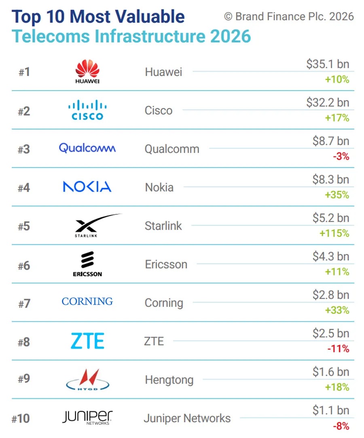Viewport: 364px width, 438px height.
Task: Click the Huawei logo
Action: pyautogui.click(x=87, y=72)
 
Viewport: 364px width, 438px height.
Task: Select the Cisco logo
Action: pyautogui.click(x=87, y=110)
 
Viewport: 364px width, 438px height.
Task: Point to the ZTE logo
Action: pyautogui.click(x=87, y=341)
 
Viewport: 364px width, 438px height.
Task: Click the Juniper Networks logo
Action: pyautogui.click(x=87, y=417)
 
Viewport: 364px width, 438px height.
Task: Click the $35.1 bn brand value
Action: pyautogui.click(x=328, y=64)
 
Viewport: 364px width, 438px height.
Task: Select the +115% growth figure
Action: pyautogui.click(x=334, y=233)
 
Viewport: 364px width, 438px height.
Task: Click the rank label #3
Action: pyautogui.click(x=24, y=149)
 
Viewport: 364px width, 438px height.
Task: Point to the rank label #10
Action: pyautogui.click(x=21, y=418)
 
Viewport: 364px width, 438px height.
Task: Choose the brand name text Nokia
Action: pyautogui.click(x=159, y=187)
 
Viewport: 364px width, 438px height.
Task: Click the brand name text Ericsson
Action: pyautogui.click(x=166, y=264)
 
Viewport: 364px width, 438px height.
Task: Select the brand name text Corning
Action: pyautogui.click(x=164, y=303)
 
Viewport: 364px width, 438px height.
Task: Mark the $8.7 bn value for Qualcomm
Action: pyautogui.click(x=331, y=141)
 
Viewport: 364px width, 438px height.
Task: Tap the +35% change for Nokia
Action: pyautogui.click(x=337, y=195)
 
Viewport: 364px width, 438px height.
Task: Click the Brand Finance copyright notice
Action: pyautogui.click(x=289, y=17)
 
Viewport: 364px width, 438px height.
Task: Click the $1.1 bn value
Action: pyautogui.click(x=331, y=410)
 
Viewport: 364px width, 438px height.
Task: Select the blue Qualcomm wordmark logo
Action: pyautogui.click(x=87, y=148)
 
